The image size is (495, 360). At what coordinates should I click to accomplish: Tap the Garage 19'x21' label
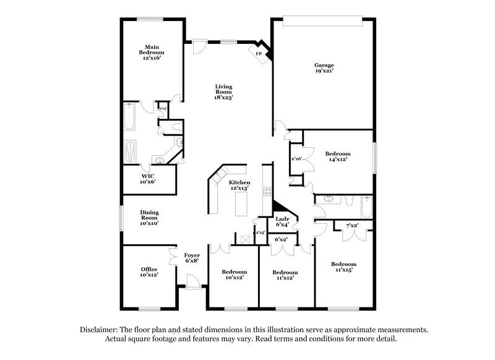pos(324,67)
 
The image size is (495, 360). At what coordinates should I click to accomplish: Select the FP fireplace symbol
pos(258,54)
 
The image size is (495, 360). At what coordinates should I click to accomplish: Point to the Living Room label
pos(223,92)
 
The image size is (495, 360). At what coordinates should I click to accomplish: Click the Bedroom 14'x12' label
pos(338,156)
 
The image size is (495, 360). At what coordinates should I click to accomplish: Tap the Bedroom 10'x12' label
pos(235,275)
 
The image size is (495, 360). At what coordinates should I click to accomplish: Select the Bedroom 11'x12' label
pos(285,275)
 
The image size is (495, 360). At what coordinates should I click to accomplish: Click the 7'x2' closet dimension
pos(352,225)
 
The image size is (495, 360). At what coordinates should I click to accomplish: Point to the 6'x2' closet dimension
pos(282,239)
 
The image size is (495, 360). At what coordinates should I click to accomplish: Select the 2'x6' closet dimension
pos(296,159)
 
